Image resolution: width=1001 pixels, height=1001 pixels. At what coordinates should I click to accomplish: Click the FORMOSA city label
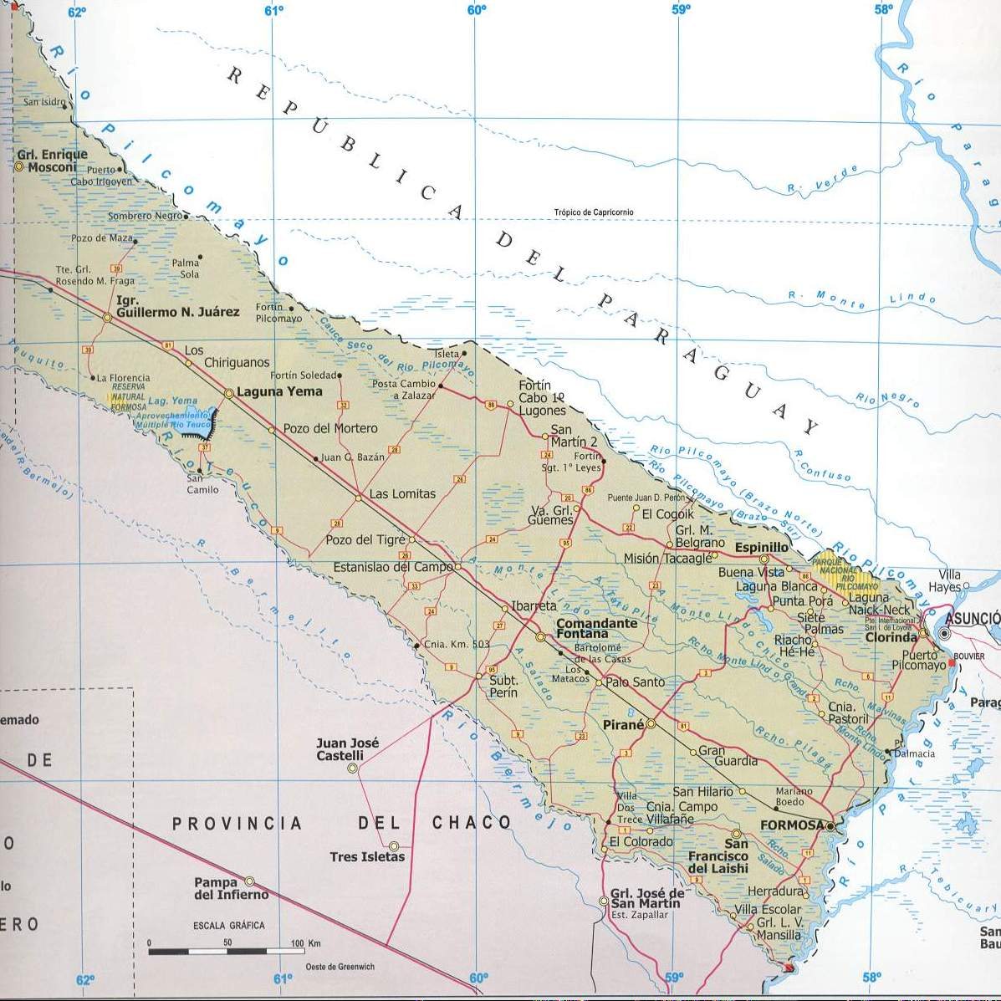(x=792, y=825)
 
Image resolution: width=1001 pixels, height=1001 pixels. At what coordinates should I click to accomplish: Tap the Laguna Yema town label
(x=279, y=391)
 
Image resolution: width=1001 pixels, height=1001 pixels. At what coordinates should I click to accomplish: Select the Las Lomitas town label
(x=402, y=494)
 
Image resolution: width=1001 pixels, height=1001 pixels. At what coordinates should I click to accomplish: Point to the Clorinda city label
(x=891, y=636)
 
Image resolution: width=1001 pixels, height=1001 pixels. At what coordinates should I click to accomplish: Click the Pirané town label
(x=623, y=725)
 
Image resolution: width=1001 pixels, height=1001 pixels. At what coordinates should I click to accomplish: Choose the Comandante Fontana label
(x=596, y=629)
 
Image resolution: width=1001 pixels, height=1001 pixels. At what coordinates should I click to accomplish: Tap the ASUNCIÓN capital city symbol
(x=944, y=635)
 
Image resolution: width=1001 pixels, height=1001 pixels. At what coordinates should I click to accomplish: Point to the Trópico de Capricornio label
(x=593, y=212)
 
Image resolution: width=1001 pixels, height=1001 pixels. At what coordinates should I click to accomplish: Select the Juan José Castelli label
(x=347, y=749)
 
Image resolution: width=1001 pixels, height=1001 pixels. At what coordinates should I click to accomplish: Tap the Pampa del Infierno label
(x=230, y=888)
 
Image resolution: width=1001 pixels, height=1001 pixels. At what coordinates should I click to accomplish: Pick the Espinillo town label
(x=761, y=547)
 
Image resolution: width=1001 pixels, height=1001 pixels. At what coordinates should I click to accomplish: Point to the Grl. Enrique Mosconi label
(x=52, y=161)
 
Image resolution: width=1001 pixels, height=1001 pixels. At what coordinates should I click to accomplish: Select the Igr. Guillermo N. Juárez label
(x=177, y=306)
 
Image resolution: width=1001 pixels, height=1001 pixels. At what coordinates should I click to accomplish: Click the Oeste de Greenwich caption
(x=340, y=967)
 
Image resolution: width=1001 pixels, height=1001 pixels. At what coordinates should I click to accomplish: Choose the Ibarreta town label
(x=534, y=605)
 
